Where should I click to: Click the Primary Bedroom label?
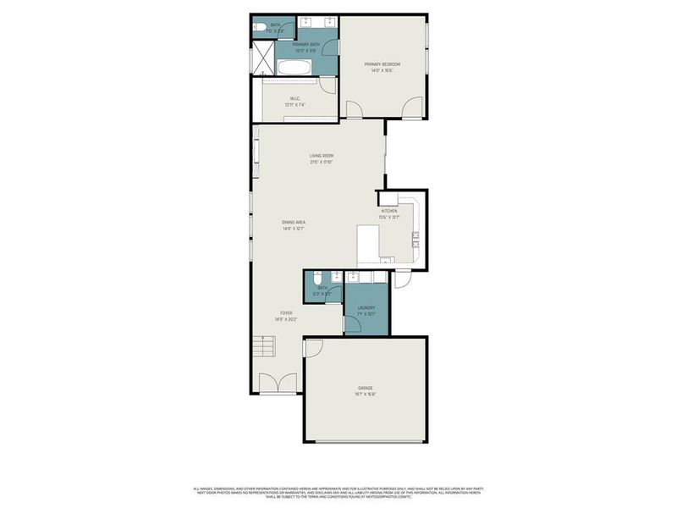(382, 64)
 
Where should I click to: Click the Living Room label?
(321, 156)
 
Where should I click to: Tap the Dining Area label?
(294, 222)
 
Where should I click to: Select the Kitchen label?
(388, 211)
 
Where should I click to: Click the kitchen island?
(367, 244)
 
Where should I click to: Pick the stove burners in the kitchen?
(415, 242)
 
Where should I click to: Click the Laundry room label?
(366, 307)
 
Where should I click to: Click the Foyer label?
(286, 313)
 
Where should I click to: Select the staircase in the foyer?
(265, 348)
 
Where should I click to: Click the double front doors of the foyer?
(278, 384)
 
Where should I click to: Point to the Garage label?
(365, 388)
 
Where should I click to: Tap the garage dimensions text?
(365, 394)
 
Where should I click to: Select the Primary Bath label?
(305, 44)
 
